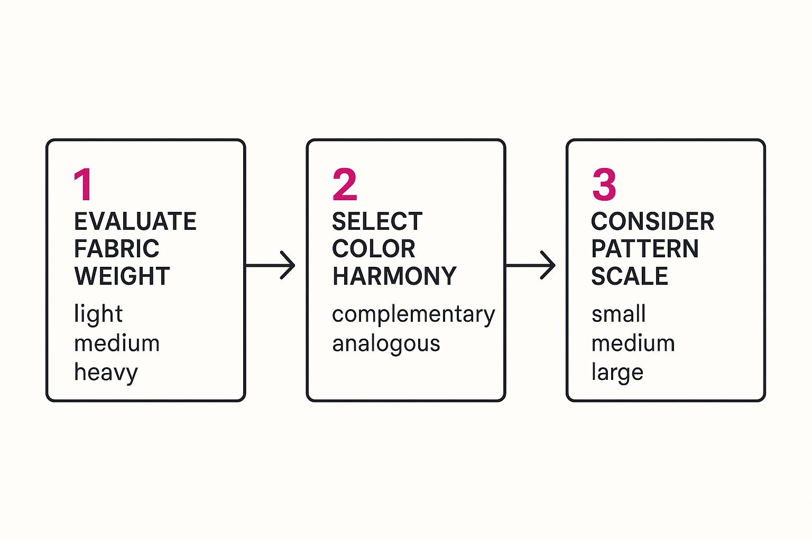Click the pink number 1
84,184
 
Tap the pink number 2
345,184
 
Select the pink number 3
604,184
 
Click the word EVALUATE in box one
135,221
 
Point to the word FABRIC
116,249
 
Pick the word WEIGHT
122,276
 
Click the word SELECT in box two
377,221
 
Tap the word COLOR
373,249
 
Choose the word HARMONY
394,276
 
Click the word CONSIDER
652,221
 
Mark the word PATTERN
644,249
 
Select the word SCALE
629,276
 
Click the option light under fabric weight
98,314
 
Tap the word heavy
106,372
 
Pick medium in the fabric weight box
116,343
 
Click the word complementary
413,314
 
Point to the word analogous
386,344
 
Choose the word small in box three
618,314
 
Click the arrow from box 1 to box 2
271,265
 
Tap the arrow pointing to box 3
531,265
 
